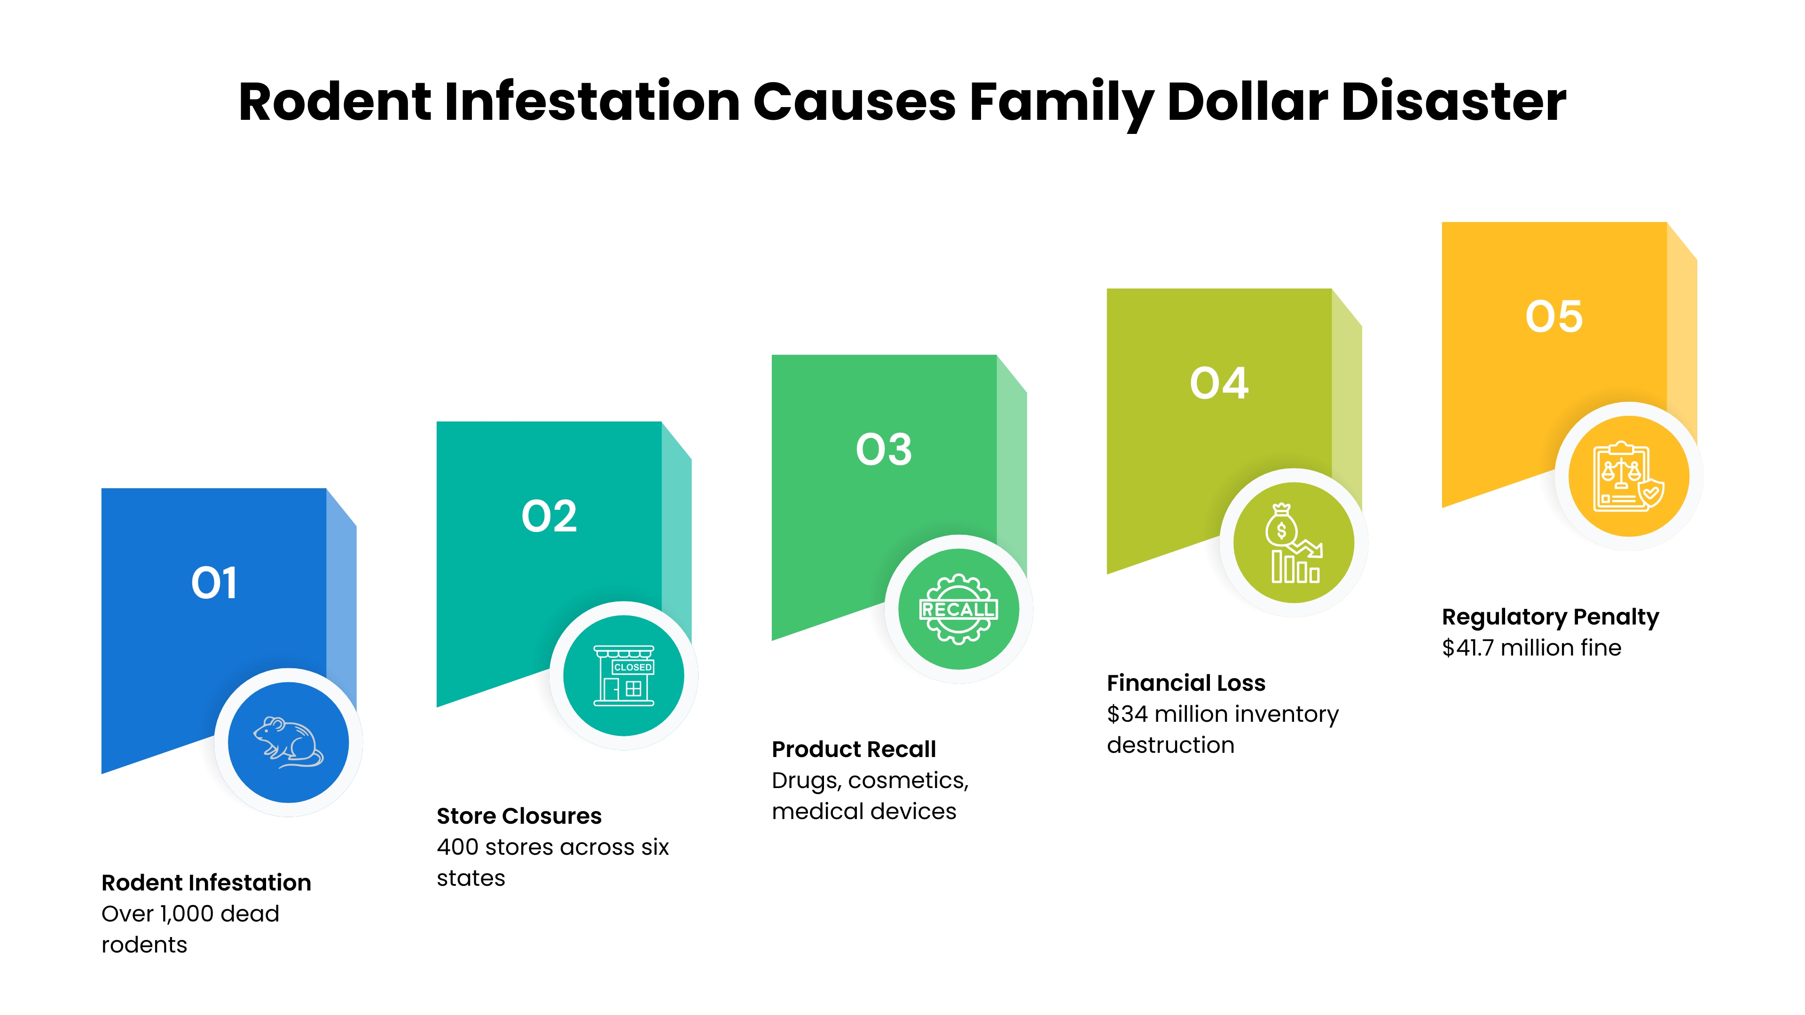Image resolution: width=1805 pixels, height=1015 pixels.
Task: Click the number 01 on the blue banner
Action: coord(214,583)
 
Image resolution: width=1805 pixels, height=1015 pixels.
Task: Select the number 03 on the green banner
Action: coord(884,449)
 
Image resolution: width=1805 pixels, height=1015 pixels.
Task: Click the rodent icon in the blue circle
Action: coord(288,742)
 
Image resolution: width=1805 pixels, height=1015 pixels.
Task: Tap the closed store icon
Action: coord(624,675)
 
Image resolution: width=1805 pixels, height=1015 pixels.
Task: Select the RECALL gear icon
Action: coord(958,609)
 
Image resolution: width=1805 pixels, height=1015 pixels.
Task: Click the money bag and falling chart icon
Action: coord(1294,543)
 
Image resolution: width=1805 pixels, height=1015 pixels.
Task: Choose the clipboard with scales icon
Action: coord(1628,476)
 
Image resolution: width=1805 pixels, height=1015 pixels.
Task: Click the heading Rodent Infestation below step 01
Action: coord(206,882)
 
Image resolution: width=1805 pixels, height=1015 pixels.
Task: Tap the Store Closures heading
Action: coord(518,816)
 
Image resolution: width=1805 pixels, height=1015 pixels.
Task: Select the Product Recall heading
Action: coord(854,750)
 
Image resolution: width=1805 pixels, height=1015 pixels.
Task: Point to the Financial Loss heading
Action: coord(1185,683)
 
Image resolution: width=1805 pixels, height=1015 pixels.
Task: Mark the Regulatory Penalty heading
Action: coord(1550,617)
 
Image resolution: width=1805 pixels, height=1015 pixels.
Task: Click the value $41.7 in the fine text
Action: coord(1468,648)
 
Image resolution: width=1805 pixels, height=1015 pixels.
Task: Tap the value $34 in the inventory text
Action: coord(1128,714)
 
